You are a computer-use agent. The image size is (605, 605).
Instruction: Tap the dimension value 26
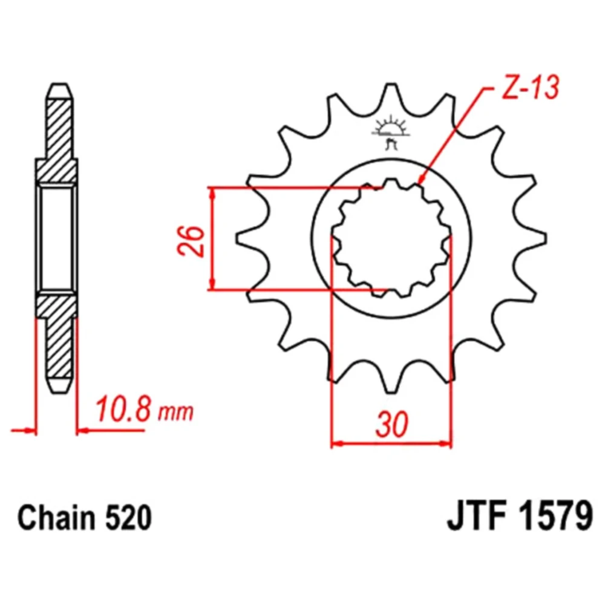pyautogui.click(x=191, y=241)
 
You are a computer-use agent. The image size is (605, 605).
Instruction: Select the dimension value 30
pyautogui.click(x=391, y=424)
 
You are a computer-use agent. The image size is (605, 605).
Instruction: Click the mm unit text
pyautogui.click(x=175, y=413)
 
